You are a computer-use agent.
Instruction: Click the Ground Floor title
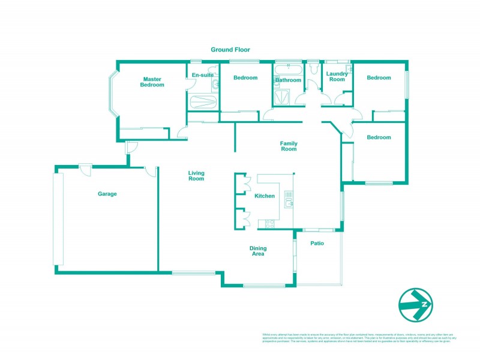230,50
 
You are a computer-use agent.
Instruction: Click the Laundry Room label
337,76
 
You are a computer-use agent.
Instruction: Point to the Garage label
107,194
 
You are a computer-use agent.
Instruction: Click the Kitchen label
265,196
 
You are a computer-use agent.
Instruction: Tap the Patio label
317,243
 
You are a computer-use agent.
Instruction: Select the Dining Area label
258,251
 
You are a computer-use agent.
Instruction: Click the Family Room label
289,146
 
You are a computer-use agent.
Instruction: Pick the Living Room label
196,176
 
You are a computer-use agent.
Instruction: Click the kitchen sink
289,199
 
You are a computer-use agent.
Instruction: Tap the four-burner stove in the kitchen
269,224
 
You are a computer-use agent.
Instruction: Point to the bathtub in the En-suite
202,103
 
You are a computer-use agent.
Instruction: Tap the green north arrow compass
416,305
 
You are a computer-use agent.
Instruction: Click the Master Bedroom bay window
112,93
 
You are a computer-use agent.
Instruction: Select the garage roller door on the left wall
58,218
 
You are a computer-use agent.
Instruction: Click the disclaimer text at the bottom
357,337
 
